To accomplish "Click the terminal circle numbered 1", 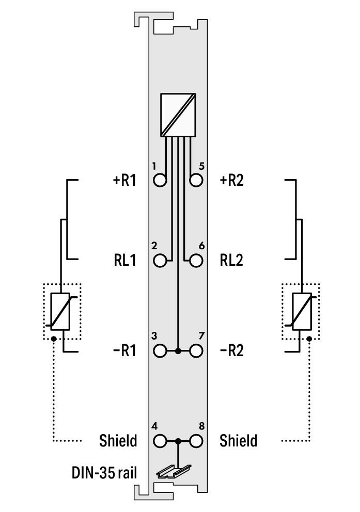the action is tap(160, 180).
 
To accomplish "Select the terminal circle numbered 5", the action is tap(196, 180).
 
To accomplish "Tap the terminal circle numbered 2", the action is tap(160, 261).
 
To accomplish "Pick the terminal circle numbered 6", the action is tap(196, 261).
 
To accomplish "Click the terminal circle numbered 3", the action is tap(160, 351).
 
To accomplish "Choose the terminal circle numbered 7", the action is tap(196, 351).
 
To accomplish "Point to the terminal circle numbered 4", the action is tap(160, 441).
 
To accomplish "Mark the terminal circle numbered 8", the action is tap(196, 441).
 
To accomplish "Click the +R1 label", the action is tap(124, 180).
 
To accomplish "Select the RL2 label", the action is tap(231, 260).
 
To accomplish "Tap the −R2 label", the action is tap(231, 350).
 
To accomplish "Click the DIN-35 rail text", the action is tap(104, 472).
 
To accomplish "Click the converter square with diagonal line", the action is tap(178, 115).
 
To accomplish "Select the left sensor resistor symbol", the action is tap(60, 311).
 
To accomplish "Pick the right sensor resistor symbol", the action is tap(302, 311).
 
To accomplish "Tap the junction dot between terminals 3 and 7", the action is tap(178, 351).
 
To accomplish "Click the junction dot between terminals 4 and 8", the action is tap(178, 441).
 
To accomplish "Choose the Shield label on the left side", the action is tap(118, 440).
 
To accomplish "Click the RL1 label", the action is tap(125, 260).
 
